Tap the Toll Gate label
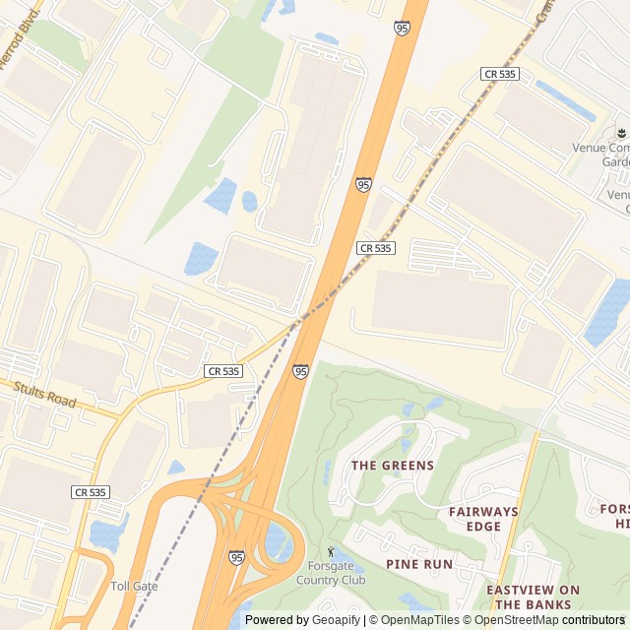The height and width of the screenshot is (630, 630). pyautogui.click(x=134, y=586)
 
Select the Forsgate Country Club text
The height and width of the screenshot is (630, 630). pyautogui.click(x=331, y=573)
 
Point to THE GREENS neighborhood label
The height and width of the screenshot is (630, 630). pyautogui.click(x=393, y=466)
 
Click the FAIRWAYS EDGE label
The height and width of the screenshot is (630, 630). pyautogui.click(x=483, y=519)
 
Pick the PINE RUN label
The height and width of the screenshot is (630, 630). pyautogui.click(x=419, y=564)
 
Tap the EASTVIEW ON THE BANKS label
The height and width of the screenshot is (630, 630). pyautogui.click(x=534, y=597)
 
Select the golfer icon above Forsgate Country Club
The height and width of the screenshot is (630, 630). pyautogui.click(x=331, y=552)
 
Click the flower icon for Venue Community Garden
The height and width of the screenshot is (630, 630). pyautogui.click(x=620, y=132)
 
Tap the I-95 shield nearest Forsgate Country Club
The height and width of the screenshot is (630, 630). pyautogui.click(x=236, y=557)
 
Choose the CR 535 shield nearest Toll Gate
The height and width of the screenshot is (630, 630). pyautogui.click(x=90, y=491)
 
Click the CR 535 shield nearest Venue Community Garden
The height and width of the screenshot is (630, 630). pyautogui.click(x=500, y=74)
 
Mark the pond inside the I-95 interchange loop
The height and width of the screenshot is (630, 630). pyautogui.click(x=278, y=542)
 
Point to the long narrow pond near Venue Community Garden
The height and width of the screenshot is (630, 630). pyautogui.click(x=565, y=100)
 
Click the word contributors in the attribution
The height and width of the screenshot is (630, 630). pyautogui.click(x=594, y=620)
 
